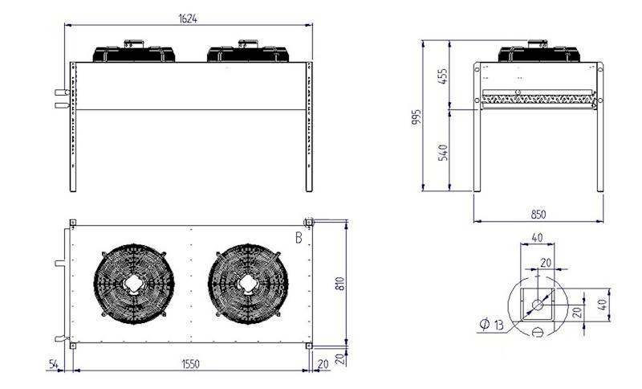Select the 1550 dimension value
click(x=189, y=364)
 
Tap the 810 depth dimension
click(x=340, y=283)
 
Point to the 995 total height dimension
click(x=416, y=116)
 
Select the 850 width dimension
click(x=538, y=214)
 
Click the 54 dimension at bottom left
click(x=52, y=364)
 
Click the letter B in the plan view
click(x=299, y=238)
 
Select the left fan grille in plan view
click(x=134, y=284)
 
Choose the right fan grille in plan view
click(x=248, y=284)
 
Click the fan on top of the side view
click(x=538, y=53)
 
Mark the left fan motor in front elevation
click(x=135, y=51)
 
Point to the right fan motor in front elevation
click(x=248, y=51)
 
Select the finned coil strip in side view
click(x=538, y=98)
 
